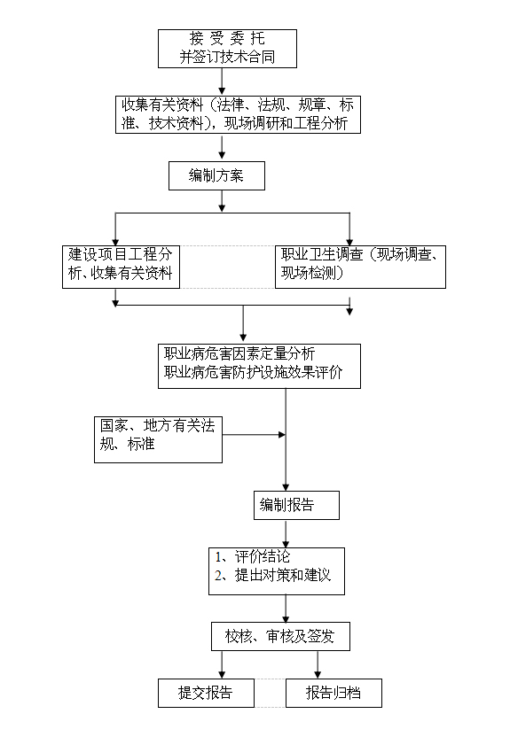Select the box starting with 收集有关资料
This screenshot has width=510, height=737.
pos(238,114)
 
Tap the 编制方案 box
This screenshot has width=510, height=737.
pos(217,175)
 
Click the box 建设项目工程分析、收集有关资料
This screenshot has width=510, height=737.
pos(121,264)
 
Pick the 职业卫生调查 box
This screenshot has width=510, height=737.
pos(360,264)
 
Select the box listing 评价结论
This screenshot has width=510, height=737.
pos(276,570)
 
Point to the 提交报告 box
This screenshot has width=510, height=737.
pos(206,693)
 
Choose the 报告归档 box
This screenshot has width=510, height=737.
pos(333,693)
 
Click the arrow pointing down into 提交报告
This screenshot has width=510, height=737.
pos(221,665)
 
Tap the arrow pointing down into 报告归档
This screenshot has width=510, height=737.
pos(318,665)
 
